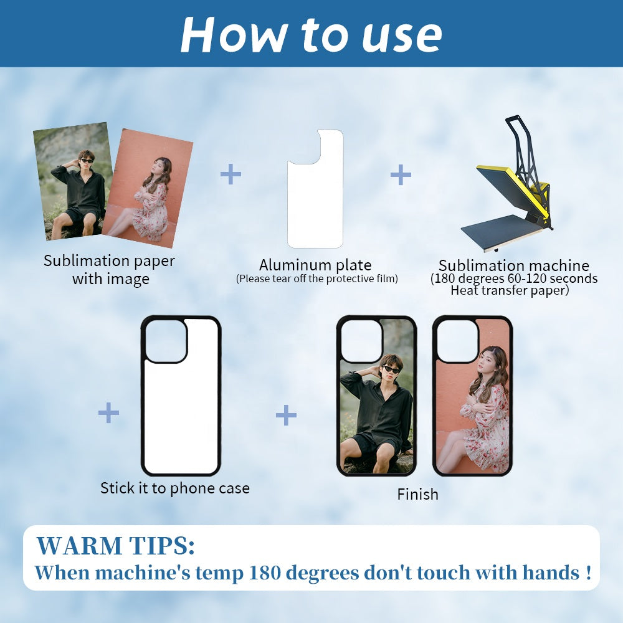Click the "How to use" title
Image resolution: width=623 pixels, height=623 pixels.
tap(311, 35)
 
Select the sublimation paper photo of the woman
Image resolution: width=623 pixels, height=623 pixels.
tap(148, 188)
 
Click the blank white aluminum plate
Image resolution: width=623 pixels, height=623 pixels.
tap(315, 189)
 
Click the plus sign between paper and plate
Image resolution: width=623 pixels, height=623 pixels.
tap(231, 174)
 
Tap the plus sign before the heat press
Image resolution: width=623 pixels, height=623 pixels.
tap(401, 175)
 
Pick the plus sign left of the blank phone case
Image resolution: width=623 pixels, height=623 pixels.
tap(108, 412)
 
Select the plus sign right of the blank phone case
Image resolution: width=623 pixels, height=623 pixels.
tap(286, 415)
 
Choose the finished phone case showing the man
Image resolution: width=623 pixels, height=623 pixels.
tap(376, 396)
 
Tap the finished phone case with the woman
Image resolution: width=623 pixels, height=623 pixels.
tap(472, 396)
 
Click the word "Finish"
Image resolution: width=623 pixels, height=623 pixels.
tap(417, 494)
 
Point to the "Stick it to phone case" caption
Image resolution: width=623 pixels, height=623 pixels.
tap(175, 488)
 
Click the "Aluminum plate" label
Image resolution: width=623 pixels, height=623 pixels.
tap(315, 265)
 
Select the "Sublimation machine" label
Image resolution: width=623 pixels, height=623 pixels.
tap(514, 265)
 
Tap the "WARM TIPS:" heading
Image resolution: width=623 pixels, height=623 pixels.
tap(116, 546)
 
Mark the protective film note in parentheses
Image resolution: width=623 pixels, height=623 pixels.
tap(316, 278)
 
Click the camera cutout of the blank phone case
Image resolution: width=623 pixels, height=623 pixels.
tap(166, 341)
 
